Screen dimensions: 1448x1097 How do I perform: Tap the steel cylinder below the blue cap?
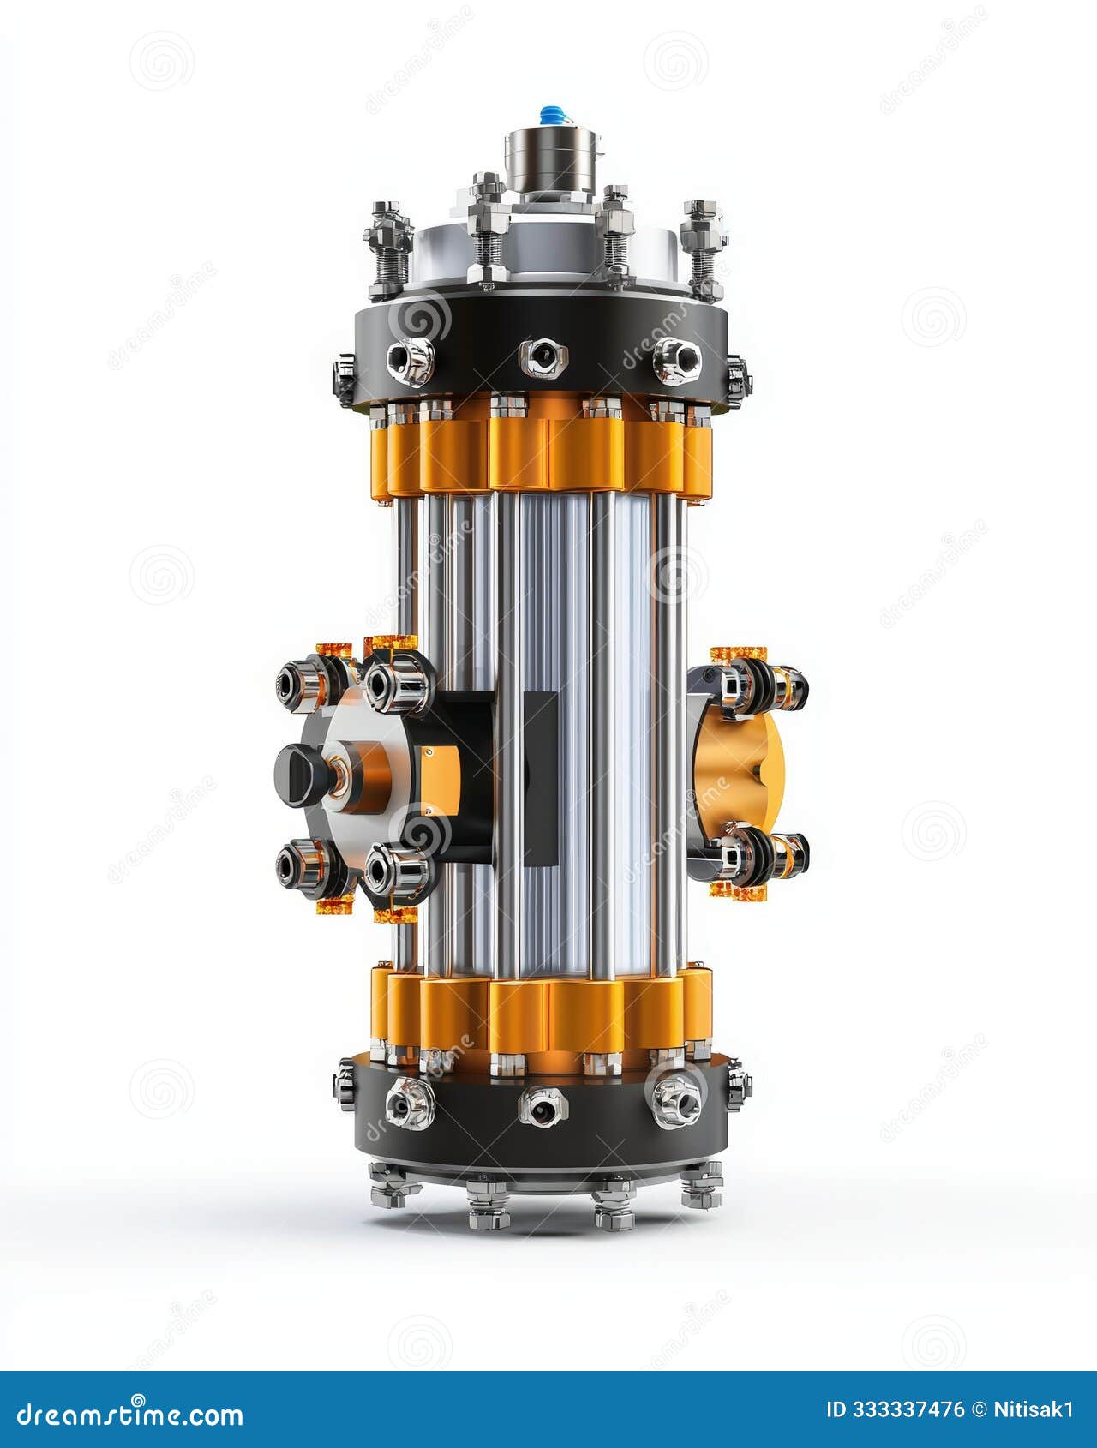[x=552, y=160]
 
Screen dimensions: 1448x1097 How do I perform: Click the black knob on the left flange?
[x=297, y=775]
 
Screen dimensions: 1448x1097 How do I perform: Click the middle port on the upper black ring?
[x=543, y=357]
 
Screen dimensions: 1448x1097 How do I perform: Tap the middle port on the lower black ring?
[x=543, y=1107]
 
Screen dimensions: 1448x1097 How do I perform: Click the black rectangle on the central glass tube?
[x=540, y=778]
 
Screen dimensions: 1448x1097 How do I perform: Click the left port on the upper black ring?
[x=410, y=361]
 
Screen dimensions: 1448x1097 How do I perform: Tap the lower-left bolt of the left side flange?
[x=298, y=865]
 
